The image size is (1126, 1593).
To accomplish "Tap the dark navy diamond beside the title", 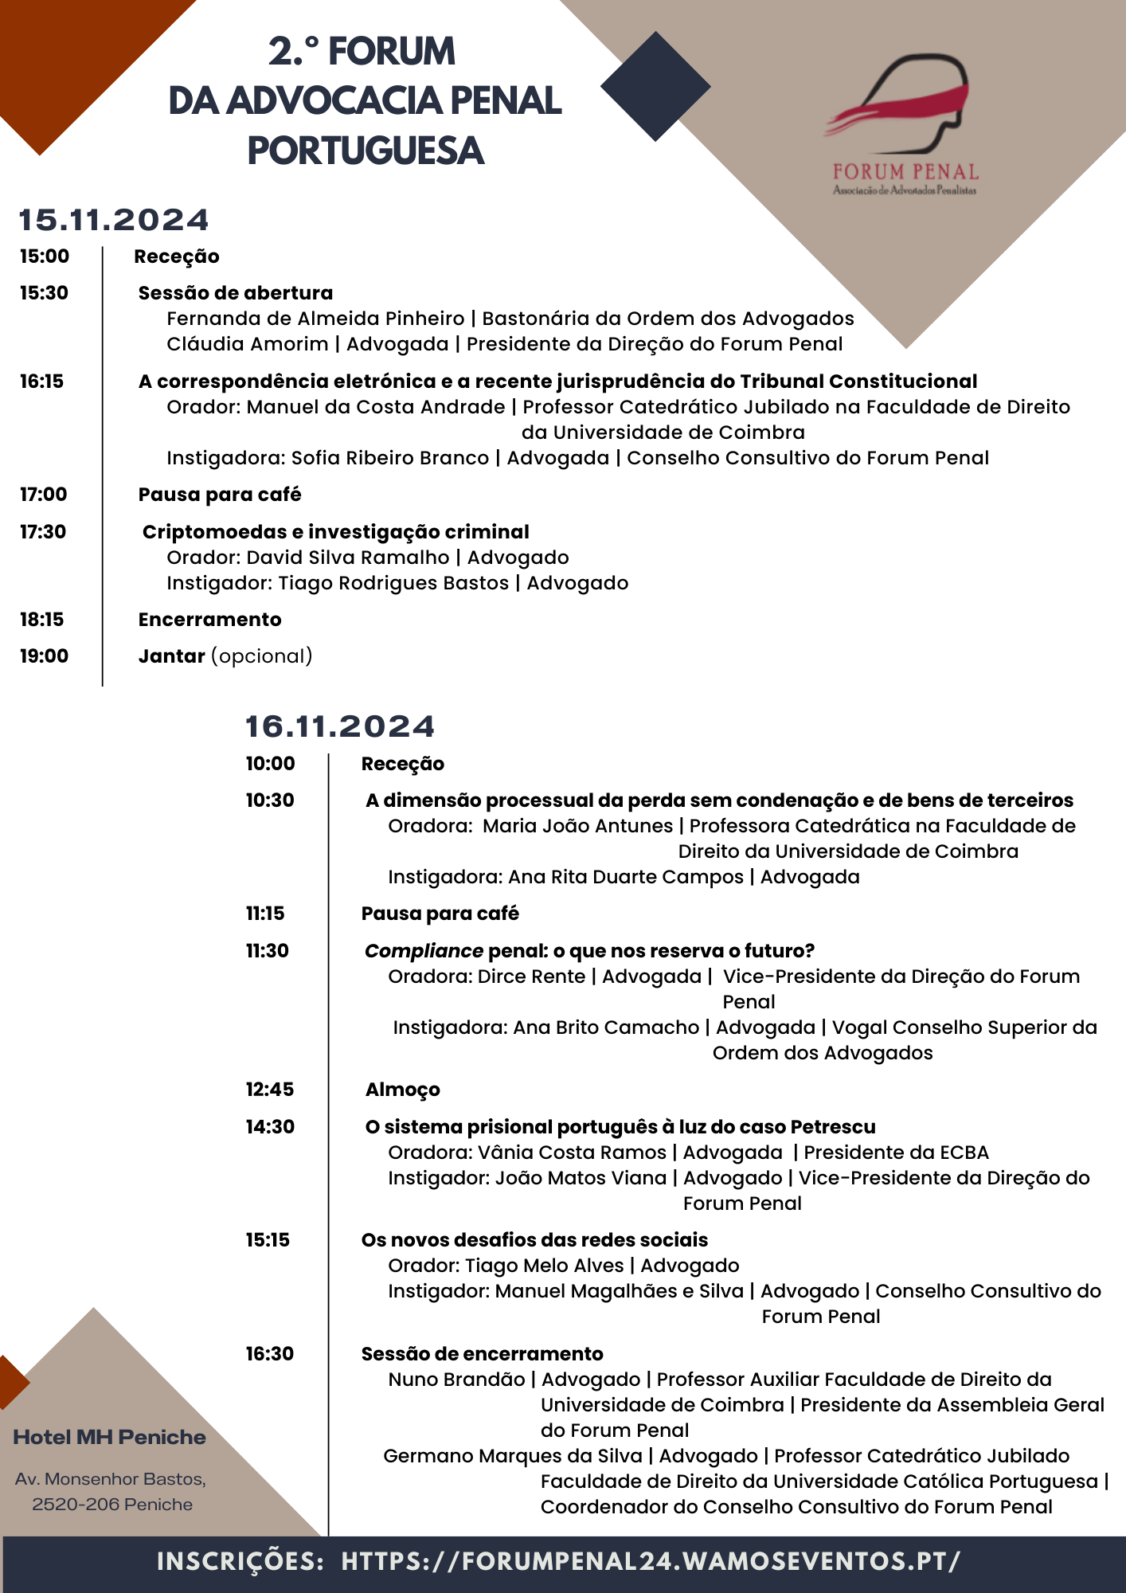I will click(655, 87).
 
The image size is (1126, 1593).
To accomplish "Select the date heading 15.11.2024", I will click(114, 221).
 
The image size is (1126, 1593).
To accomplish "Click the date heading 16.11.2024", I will click(340, 726).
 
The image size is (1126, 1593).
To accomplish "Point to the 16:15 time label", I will click(42, 382).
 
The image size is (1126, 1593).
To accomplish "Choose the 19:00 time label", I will click(45, 656).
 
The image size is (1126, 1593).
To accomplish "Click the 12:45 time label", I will click(270, 1090).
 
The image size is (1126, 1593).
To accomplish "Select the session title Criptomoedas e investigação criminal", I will click(335, 532).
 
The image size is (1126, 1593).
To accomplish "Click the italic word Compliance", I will click(424, 951).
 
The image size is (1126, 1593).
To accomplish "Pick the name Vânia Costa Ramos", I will click(572, 1153).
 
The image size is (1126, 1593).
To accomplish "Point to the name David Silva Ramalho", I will click(348, 558).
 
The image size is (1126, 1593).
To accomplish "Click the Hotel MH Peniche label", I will click(110, 1438).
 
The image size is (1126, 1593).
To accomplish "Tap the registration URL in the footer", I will click(651, 1561).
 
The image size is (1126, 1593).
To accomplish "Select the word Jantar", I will click(172, 656).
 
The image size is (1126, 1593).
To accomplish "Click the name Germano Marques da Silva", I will click(512, 1456).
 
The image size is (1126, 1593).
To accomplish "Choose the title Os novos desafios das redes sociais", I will click(534, 1240).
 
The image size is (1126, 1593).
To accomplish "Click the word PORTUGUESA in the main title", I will click(366, 151).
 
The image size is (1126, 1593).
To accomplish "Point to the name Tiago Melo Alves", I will click(545, 1266).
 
